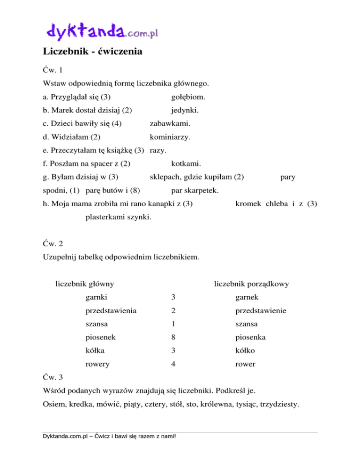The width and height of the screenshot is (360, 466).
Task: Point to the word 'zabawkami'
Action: click(x=169, y=124)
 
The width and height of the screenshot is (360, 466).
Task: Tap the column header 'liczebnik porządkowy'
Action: click(x=251, y=284)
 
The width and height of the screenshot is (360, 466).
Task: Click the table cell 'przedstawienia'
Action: click(x=111, y=310)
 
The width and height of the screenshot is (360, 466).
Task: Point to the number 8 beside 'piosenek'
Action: click(x=173, y=337)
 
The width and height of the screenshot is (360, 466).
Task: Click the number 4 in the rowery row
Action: click(x=173, y=363)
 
